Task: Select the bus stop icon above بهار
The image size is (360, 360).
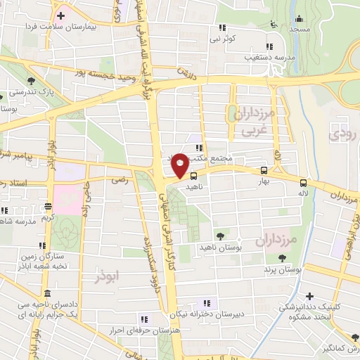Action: coord(264,170)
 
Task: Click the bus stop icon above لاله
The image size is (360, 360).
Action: coord(303,180)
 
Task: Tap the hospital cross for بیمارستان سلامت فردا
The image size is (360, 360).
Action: coord(61,15)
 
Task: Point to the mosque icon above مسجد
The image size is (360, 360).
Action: coord(300,19)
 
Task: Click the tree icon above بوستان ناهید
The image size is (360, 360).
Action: coord(221,236)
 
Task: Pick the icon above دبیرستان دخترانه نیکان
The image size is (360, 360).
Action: coord(205,303)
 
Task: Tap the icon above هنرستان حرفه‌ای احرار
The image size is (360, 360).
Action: coord(144,318)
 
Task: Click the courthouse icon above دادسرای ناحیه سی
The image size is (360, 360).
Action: coord(47,292)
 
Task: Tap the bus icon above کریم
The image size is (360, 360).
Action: coord(48,207)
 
